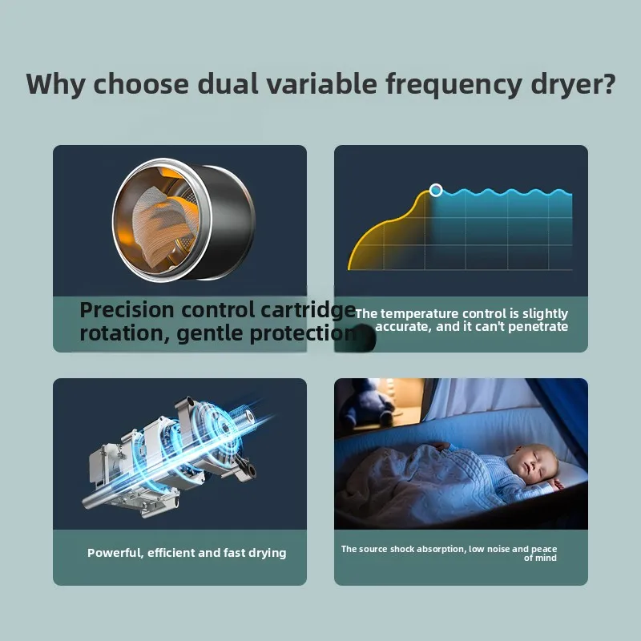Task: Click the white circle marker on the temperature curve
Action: click(x=435, y=190)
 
